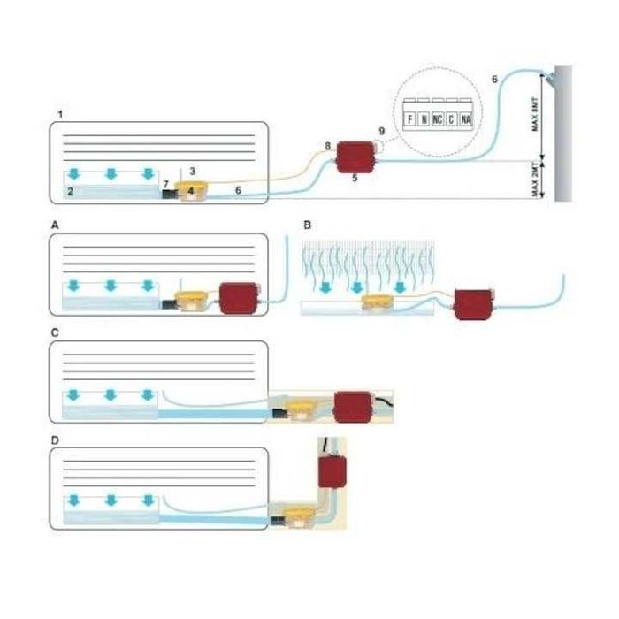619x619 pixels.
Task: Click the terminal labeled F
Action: click(x=409, y=117)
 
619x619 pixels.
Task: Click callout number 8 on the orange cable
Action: click(x=327, y=144)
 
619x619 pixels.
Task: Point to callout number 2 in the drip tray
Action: click(x=73, y=190)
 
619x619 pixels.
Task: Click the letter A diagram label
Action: click(x=55, y=226)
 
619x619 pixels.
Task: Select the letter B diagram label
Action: click(x=306, y=226)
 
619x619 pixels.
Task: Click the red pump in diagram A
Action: click(x=238, y=295)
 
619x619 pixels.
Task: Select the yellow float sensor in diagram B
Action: click(x=378, y=303)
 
